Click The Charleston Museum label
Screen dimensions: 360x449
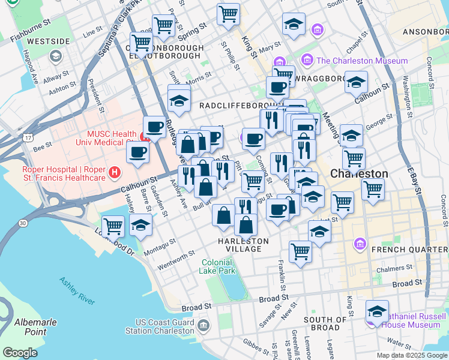(x=361, y=61)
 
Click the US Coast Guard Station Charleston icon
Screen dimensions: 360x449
(x=203, y=325)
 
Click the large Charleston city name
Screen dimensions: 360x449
(x=359, y=173)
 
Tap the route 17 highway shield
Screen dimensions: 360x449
(x=28, y=138)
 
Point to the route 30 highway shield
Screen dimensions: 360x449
(x=23, y=223)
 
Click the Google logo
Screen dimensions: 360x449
(x=20, y=353)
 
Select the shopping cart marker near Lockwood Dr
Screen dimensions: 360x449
(x=113, y=226)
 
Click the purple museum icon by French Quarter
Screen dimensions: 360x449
(x=360, y=244)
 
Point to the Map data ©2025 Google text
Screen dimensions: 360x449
(x=411, y=355)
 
